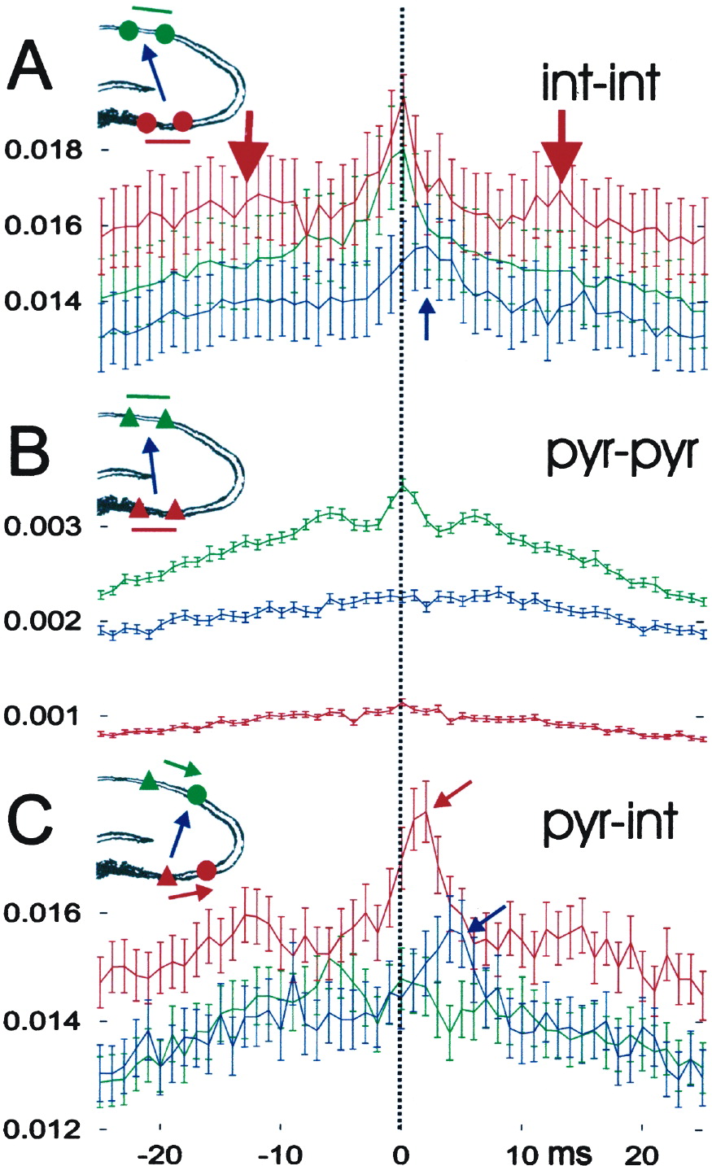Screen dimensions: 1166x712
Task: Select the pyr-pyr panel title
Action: (x=621, y=455)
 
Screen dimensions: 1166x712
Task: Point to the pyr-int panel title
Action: (x=609, y=823)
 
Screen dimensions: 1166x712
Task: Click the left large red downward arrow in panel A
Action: (x=247, y=147)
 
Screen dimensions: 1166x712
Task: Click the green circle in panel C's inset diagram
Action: (x=196, y=795)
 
